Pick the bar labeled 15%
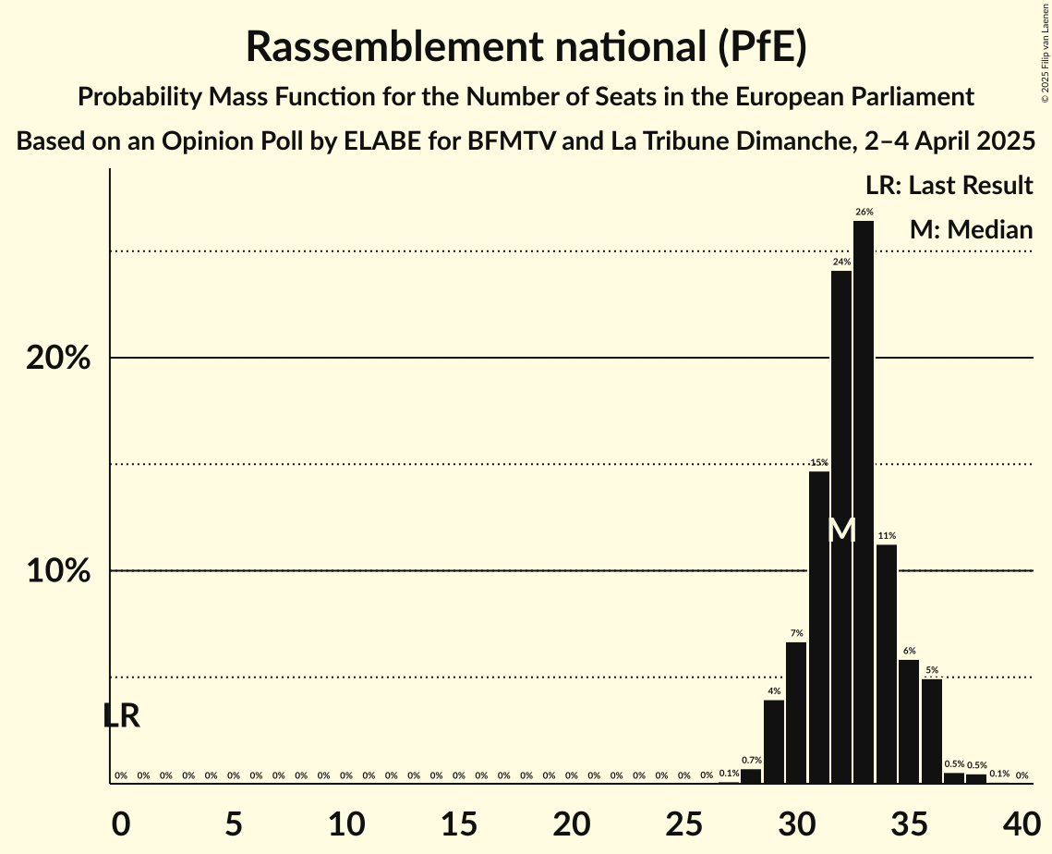(819, 628)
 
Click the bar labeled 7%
(796, 713)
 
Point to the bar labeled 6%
(909, 721)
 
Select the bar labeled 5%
(932, 731)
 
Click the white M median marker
(841, 531)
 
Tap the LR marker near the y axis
(121, 715)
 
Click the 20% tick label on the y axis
(58, 358)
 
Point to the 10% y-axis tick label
(58, 571)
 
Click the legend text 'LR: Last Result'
(949, 186)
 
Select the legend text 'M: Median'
(971, 229)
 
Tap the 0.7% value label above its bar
(751, 760)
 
